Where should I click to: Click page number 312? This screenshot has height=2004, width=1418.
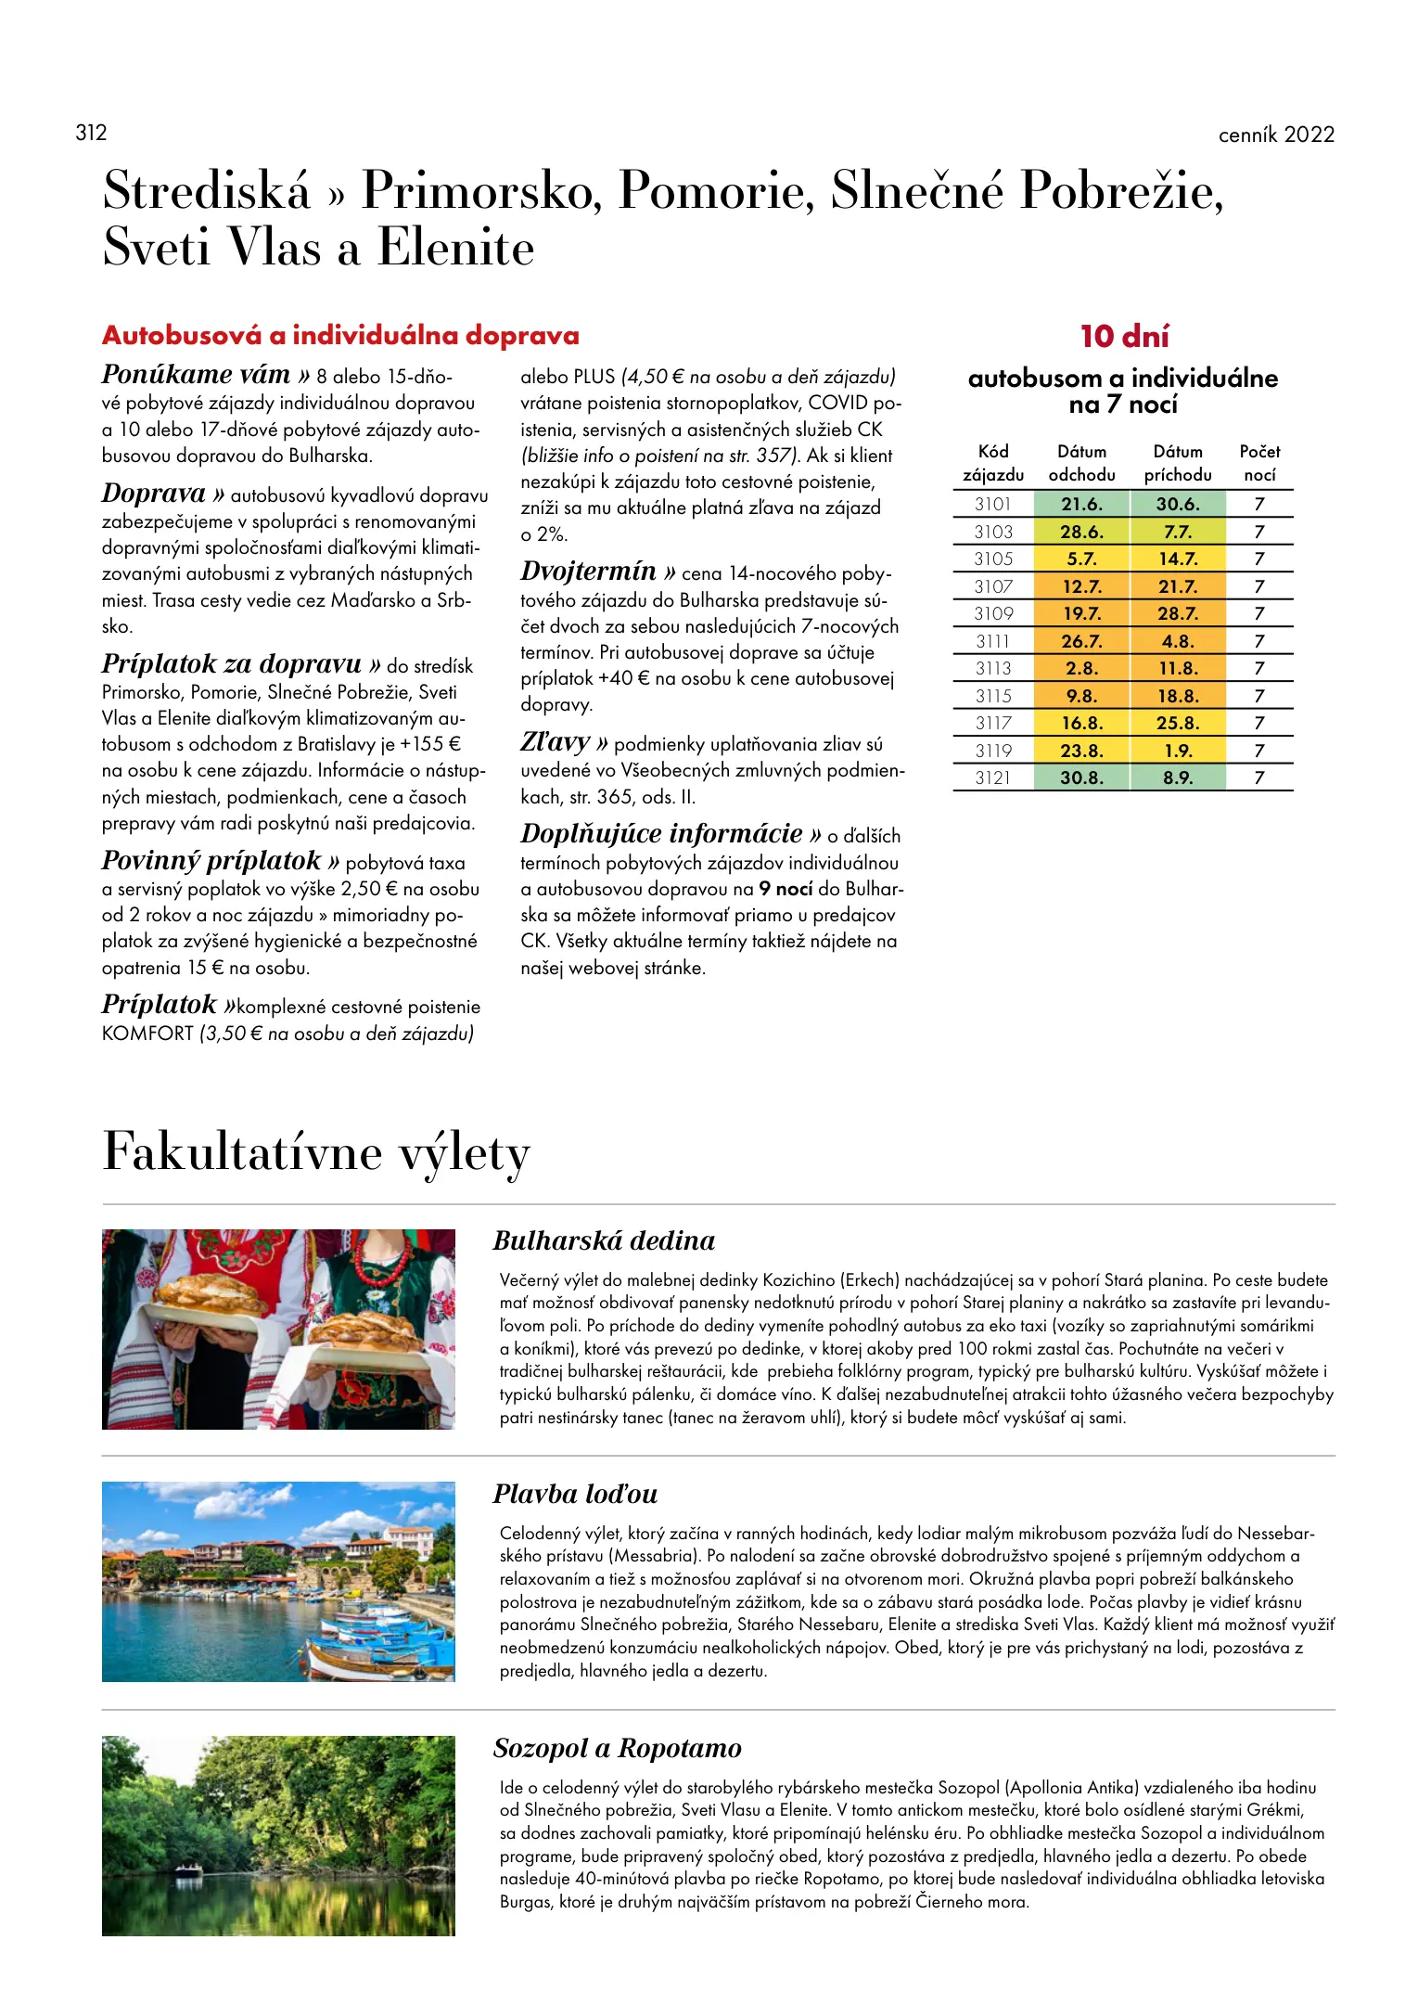click(91, 133)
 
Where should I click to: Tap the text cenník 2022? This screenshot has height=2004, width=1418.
click(1276, 135)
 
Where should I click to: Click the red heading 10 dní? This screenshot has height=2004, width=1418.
click(1124, 336)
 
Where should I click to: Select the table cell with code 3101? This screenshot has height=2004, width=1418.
click(992, 504)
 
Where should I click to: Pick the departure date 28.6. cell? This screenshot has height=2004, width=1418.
click(1081, 532)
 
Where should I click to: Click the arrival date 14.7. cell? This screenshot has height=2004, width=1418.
click(1178, 559)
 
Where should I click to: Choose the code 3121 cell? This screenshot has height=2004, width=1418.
click(992, 777)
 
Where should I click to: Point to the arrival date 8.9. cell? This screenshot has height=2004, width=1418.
click(1178, 777)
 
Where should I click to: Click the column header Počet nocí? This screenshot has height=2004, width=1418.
click(1259, 463)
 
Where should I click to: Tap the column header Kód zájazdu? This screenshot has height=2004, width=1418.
click(992, 463)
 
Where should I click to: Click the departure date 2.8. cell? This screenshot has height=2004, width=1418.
click(1081, 668)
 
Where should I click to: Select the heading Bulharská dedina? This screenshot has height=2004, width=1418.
click(604, 1240)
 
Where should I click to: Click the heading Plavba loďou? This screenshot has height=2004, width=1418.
click(575, 1494)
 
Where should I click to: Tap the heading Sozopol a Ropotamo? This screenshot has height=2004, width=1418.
click(617, 1748)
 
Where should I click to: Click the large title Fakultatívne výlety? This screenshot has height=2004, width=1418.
click(316, 1152)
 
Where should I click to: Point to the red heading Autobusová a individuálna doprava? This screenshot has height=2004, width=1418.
click(340, 335)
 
